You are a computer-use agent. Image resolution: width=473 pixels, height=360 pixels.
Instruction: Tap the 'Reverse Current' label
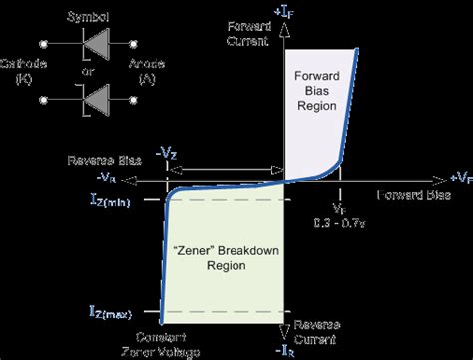[316, 332]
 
